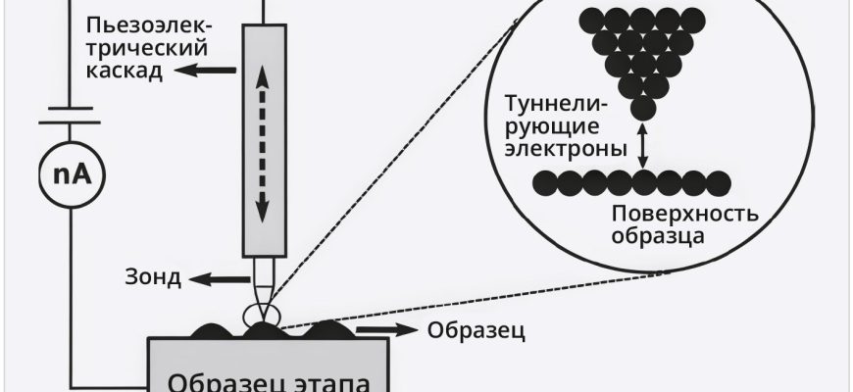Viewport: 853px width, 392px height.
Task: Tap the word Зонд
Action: coord(154,277)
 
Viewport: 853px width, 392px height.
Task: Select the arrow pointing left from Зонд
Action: coord(208,277)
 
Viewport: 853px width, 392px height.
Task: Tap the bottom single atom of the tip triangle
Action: coord(642,106)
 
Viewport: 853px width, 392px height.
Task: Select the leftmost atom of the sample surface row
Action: coord(543,180)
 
